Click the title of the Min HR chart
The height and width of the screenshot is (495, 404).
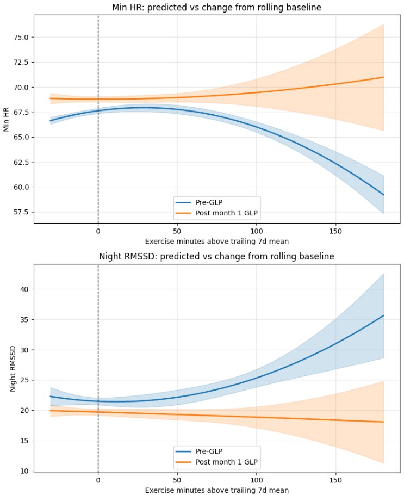point(216,8)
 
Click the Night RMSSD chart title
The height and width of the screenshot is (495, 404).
point(216,256)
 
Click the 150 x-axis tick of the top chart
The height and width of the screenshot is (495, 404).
point(335,231)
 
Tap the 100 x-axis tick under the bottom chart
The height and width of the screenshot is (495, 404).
point(257,480)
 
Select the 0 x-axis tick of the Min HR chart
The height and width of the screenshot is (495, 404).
point(98,231)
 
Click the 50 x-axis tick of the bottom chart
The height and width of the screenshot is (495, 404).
point(177,480)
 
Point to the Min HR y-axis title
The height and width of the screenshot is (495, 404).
point(7,118)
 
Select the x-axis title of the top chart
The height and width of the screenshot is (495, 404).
point(216,241)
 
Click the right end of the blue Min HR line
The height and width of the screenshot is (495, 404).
point(383,195)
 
